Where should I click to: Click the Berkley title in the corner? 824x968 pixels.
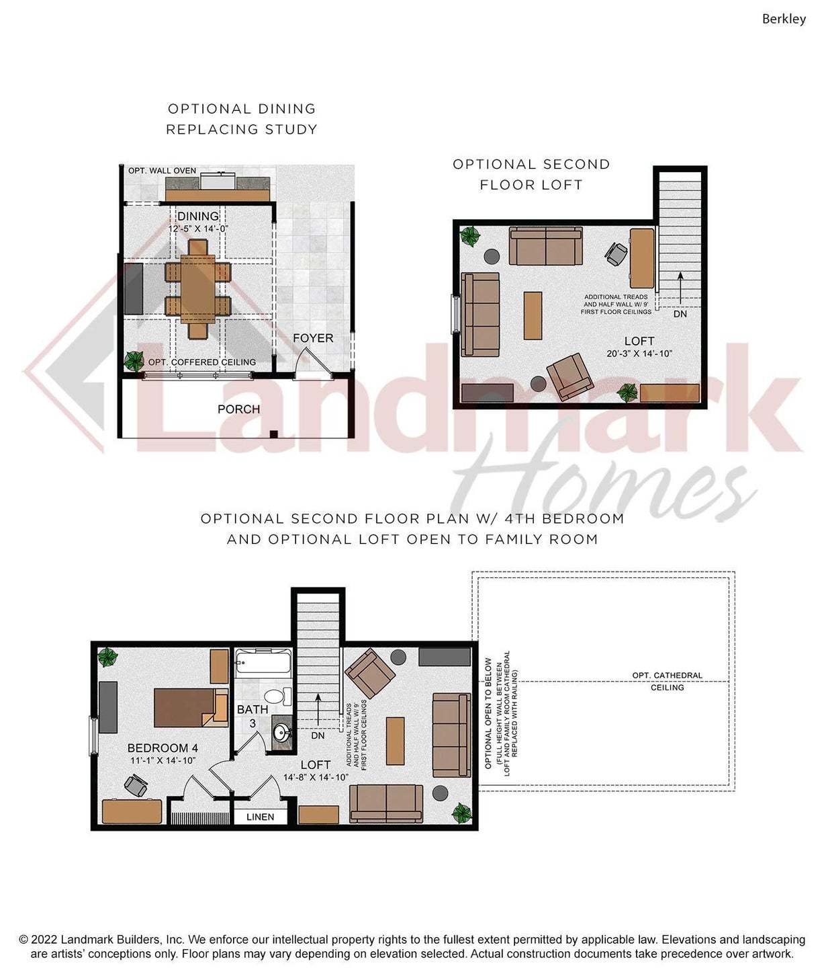coord(784,19)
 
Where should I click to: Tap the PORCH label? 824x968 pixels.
coord(238,409)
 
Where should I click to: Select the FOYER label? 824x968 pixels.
coord(313,338)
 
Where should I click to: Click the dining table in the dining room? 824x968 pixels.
coord(198,289)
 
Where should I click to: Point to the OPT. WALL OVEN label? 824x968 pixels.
coord(162,171)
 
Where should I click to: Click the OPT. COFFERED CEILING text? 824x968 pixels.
coord(202,362)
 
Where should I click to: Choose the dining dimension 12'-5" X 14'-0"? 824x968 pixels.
coord(198,229)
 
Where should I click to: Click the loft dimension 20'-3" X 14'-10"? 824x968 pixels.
coord(639,354)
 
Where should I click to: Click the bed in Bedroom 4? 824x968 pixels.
coord(191,708)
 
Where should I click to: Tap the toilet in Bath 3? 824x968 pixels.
coord(277,697)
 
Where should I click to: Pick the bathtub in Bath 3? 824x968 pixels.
coord(263,661)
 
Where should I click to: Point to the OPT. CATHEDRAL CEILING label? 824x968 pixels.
coord(668,682)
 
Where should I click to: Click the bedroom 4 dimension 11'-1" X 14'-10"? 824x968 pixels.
coord(163,760)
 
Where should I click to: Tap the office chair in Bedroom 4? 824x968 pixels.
coord(136,785)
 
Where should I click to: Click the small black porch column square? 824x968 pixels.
coord(274,434)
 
